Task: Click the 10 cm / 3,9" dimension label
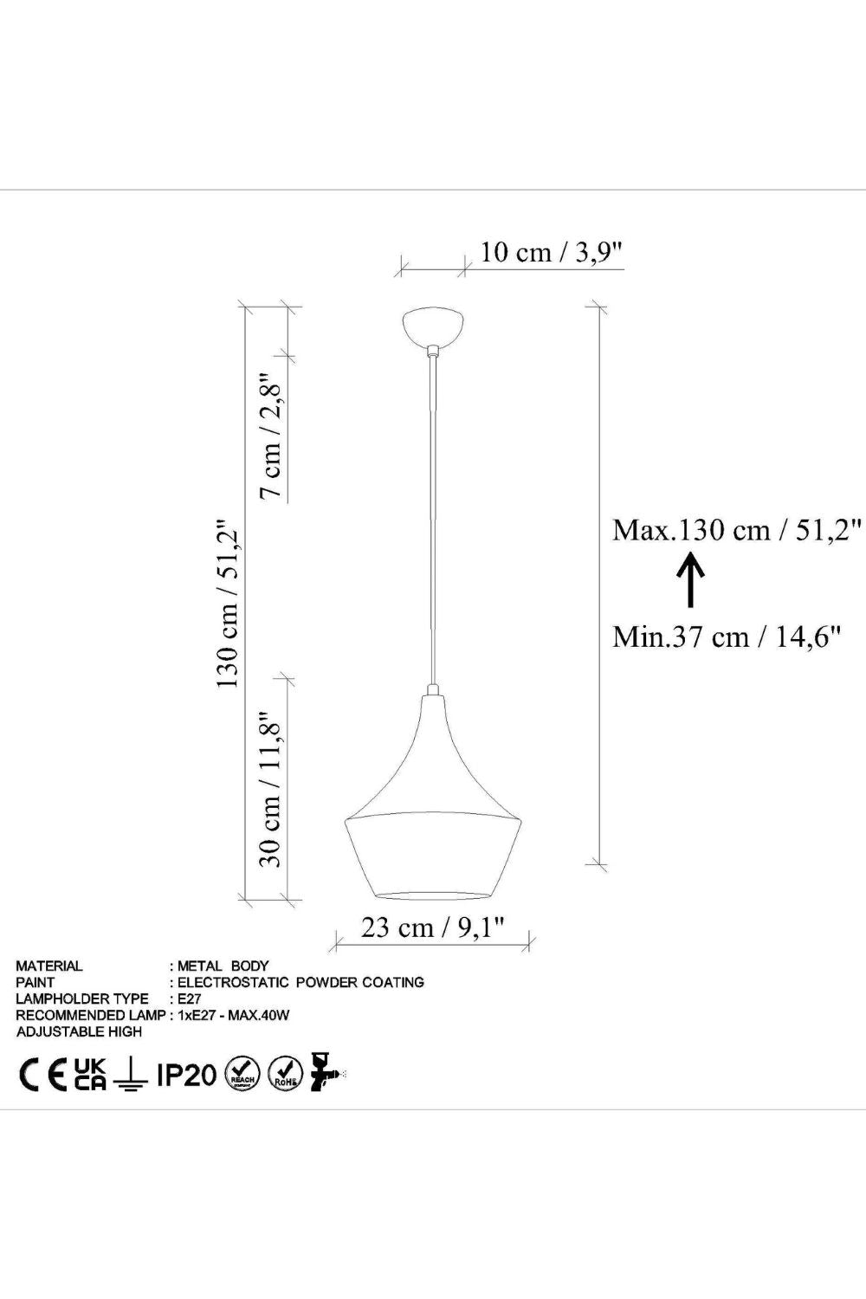coord(551,253)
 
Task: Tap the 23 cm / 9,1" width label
coord(432,927)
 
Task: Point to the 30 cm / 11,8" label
coord(270,791)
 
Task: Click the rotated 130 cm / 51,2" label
coord(228,603)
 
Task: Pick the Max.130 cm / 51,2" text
coord(737,530)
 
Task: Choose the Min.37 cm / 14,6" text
coord(727,637)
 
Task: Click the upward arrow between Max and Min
coord(690,580)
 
